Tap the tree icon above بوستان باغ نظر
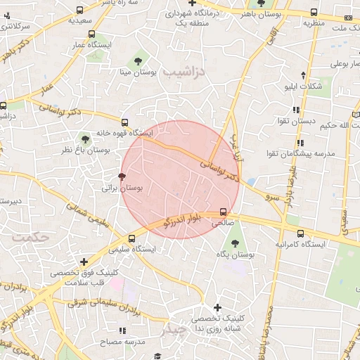(x=85, y=139)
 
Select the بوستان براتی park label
(x=122, y=188)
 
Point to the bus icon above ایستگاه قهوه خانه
(x=125, y=122)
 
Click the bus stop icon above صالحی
(x=224, y=211)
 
